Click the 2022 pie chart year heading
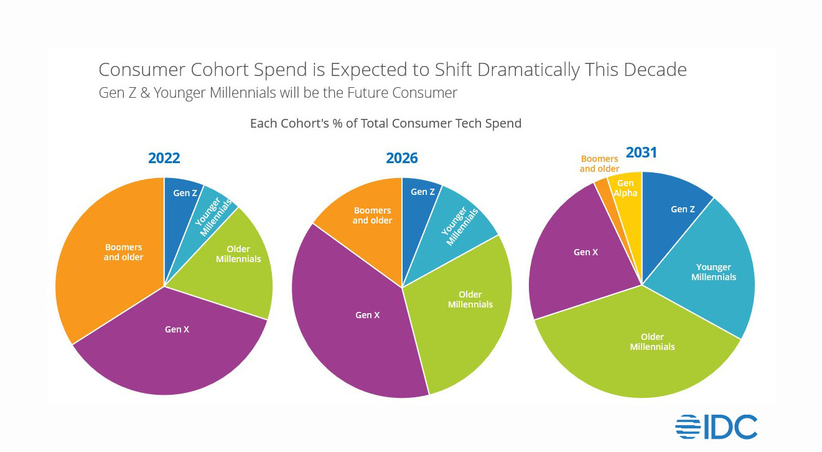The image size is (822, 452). pos(164,158)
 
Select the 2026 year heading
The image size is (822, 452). pos(402,158)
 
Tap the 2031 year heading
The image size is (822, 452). pos(642,153)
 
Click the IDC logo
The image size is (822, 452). pos(716,427)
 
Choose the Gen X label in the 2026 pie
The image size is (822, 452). pos(367,315)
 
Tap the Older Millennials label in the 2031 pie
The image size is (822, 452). pos(652,342)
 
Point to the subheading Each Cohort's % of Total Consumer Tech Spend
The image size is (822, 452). pos(385,123)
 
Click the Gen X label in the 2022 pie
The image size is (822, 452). pos(177,329)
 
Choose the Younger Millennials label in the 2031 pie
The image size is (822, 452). pos(714,272)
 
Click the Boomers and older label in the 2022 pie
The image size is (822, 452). pos(123,252)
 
